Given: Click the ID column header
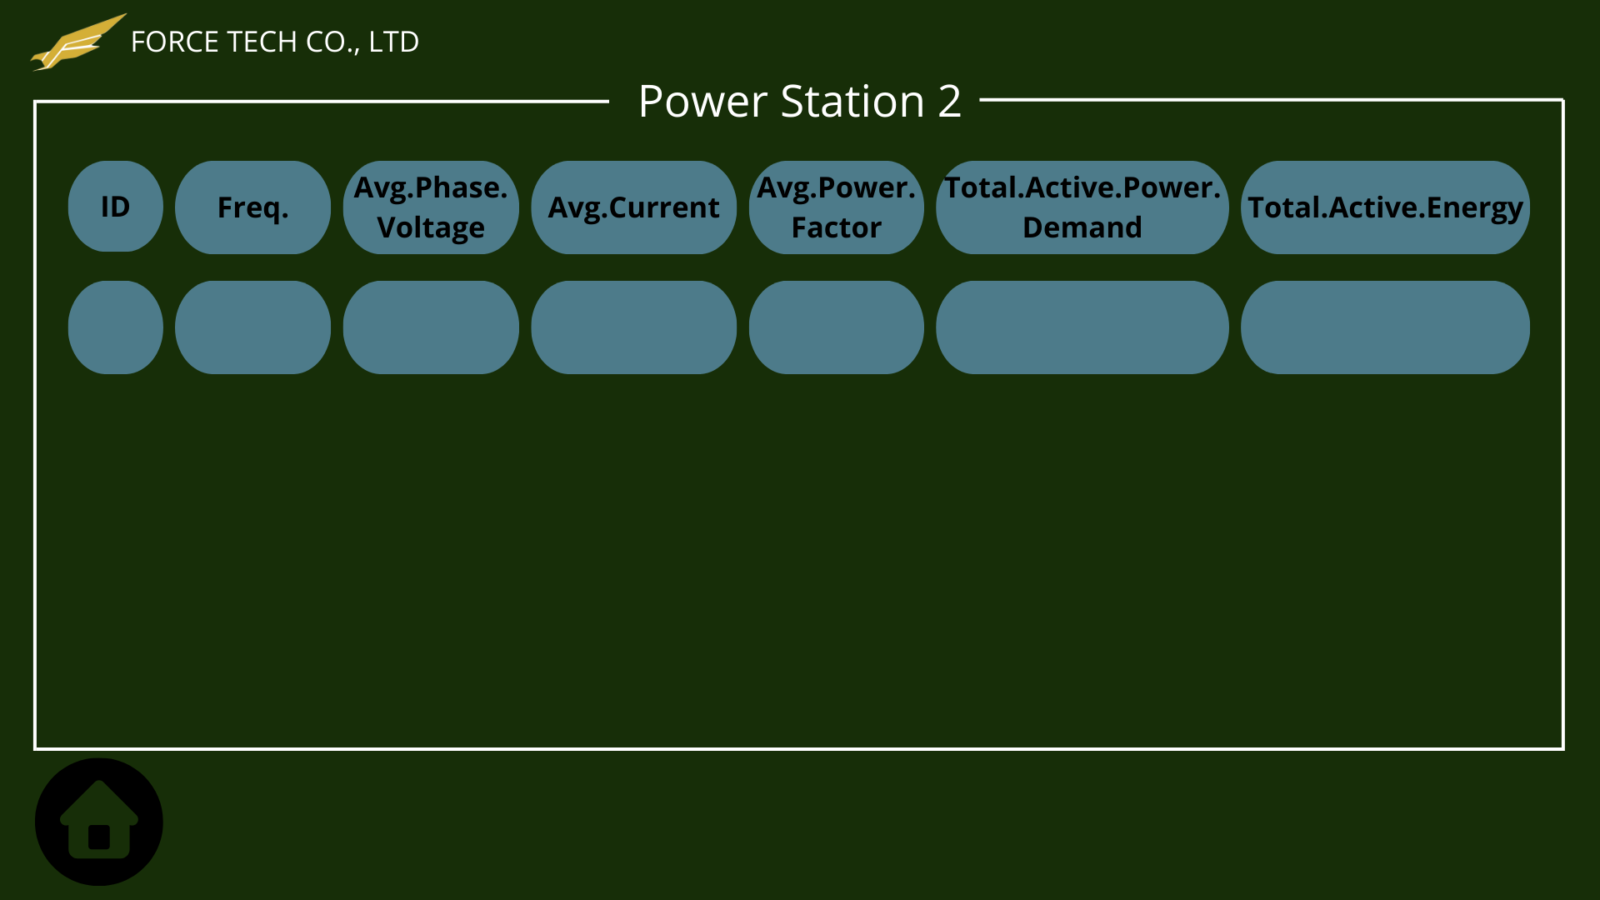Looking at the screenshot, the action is pyautogui.click(x=116, y=207).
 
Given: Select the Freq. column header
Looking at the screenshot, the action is pyautogui.click(x=252, y=207).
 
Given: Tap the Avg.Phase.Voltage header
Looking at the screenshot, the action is pyautogui.click(x=431, y=207).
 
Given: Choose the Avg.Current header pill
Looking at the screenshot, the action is pyautogui.click(x=633, y=207).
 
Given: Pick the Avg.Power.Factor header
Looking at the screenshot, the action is pyautogui.click(x=836, y=207).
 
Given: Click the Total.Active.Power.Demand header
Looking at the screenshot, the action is pyautogui.click(x=1082, y=207).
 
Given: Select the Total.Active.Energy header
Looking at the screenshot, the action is pyautogui.click(x=1385, y=207).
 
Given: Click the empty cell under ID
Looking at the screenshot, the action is pyautogui.click(x=116, y=327).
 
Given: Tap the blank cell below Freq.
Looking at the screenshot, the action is pyautogui.click(x=252, y=327).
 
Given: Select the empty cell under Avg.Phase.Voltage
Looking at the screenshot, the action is pyautogui.click(x=431, y=327).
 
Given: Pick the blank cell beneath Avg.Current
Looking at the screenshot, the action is pyautogui.click(x=633, y=327).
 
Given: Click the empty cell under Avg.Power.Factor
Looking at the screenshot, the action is pyautogui.click(x=836, y=327).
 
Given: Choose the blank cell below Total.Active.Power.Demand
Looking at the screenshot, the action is pyautogui.click(x=1082, y=327).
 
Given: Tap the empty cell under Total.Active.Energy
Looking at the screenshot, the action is pyautogui.click(x=1385, y=327).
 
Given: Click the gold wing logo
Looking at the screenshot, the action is pyautogui.click(x=77, y=43).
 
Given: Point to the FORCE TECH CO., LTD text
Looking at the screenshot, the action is pyautogui.click(x=275, y=42).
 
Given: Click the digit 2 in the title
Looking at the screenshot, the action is pyautogui.click(x=950, y=102).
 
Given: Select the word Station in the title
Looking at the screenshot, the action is pyautogui.click(x=852, y=102).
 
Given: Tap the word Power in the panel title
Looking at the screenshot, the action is pyautogui.click(x=702, y=102).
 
